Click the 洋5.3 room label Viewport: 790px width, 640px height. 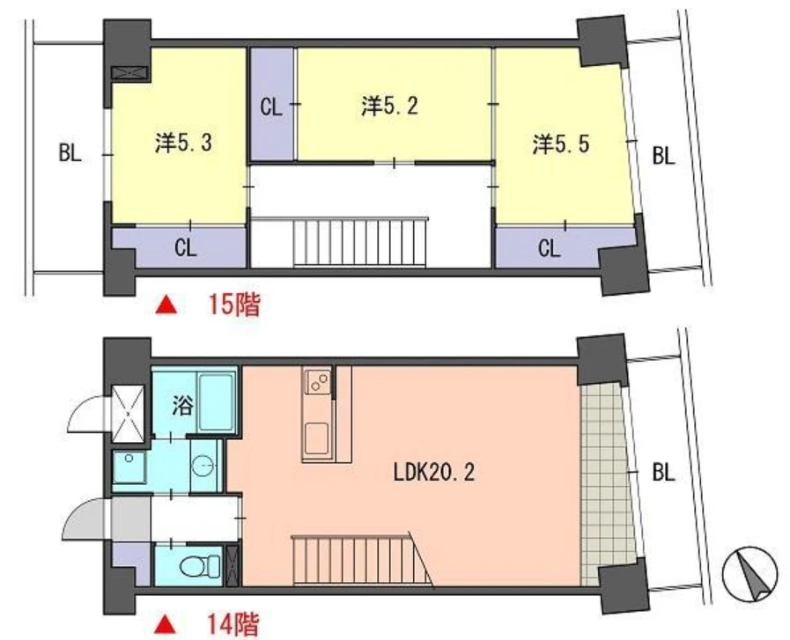[x=183, y=143]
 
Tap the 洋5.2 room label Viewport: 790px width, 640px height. [x=389, y=107]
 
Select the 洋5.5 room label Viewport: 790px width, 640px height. [x=561, y=144]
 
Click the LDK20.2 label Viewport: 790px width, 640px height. [x=434, y=473]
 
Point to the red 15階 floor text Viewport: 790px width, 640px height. [x=235, y=305]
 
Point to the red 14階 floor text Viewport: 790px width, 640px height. [x=233, y=624]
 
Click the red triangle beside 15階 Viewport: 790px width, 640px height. [x=166, y=305]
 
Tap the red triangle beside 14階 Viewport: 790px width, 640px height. [x=166, y=625]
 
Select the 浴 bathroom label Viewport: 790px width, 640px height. [x=182, y=406]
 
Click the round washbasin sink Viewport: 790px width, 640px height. [x=204, y=467]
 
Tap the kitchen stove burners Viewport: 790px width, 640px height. [x=317, y=382]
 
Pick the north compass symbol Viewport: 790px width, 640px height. [x=749, y=575]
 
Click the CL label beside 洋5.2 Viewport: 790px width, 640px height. [x=271, y=107]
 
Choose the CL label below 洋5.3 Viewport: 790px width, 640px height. [x=186, y=247]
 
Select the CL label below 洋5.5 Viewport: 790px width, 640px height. [x=550, y=248]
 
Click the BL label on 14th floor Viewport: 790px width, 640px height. [x=663, y=473]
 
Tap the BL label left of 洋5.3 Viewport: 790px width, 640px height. [x=70, y=152]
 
